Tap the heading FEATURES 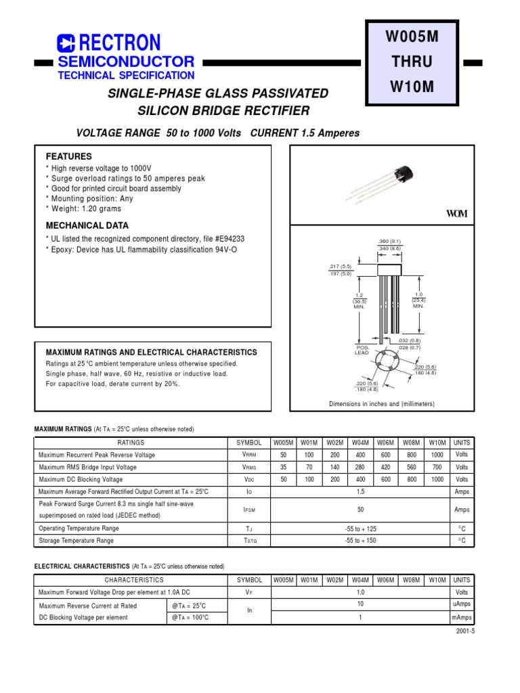click(x=68, y=156)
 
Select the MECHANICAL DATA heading click(x=87, y=225)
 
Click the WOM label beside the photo click(x=456, y=214)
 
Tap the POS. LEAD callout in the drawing click(x=362, y=350)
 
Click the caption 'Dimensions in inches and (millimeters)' click(x=381, y=404)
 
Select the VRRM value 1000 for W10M click(x=437, y=455)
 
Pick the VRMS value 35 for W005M click(x=284, y=467)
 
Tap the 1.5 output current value click(x=360, y=491)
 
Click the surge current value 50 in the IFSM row click(x=360, y=510)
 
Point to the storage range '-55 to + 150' click(x=360, y=541)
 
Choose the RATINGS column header click(x=131, y=443)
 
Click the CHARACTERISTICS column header click(x=133, y=580)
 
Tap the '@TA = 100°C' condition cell click(x=190, y=617)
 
